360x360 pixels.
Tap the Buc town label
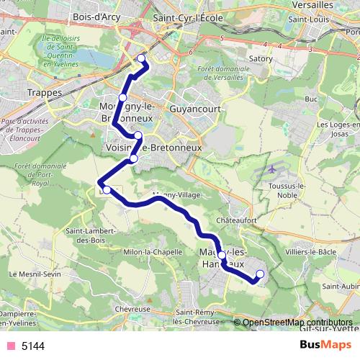tap(311, 99)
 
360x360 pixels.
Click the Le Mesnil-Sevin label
tap(32, 274)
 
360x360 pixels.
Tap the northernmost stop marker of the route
tap(140, 58)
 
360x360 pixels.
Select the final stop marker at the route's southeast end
tap(260, 274)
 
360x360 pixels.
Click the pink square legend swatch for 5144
tap(11, 346)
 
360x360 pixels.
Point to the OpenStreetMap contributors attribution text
tap(297, 323)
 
